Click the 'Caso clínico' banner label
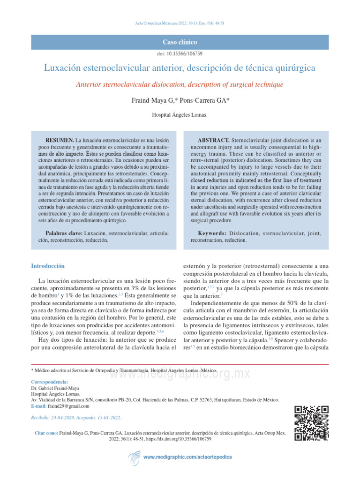coord(180,42)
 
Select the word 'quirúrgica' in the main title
coord(293,68)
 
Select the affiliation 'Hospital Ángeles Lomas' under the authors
coord(180,115)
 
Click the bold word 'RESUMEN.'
coord(60,140)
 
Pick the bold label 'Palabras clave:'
coord(64,233)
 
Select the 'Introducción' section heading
coord(47,266)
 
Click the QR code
coord(311,423)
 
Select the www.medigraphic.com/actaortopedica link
coord(187,457)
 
